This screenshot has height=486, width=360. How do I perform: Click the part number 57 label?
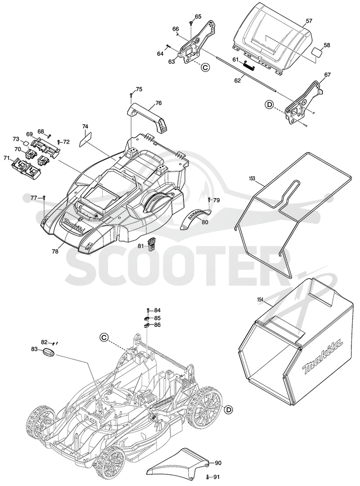(309, 21)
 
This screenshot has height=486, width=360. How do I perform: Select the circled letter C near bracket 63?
(205, 67)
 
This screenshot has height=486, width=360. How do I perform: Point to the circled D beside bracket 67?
(269, 105)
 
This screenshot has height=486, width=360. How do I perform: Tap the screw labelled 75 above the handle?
(131, 94)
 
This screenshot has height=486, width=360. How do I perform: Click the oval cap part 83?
(48, 353)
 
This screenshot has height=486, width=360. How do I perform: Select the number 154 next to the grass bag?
(261, 299)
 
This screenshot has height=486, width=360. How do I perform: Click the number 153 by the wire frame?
(252, 178)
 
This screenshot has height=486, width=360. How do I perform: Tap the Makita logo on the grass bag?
(323, 355)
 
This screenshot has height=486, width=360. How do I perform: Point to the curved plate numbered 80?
(195, 218)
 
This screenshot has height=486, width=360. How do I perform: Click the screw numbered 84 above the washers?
(148, 310)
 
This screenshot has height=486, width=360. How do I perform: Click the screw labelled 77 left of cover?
(44, 197)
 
